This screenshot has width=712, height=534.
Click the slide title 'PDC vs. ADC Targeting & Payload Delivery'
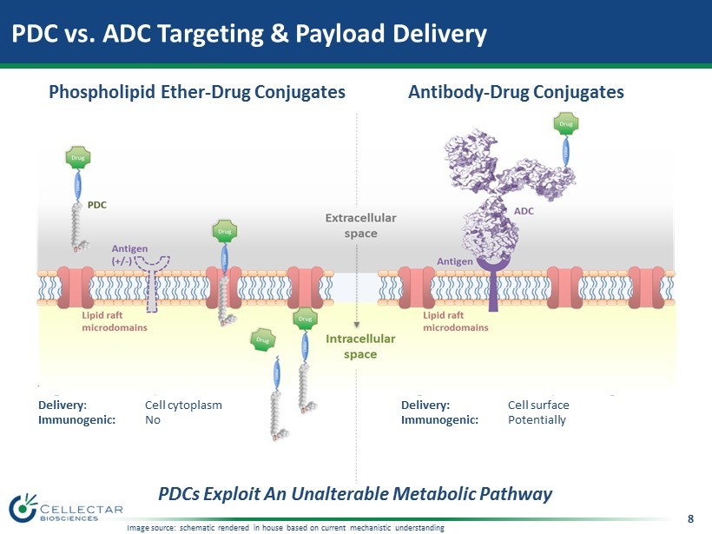point(248,34)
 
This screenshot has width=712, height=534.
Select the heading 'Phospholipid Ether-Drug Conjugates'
point(197,92)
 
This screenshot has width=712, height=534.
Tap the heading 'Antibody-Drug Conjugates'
point(516,92)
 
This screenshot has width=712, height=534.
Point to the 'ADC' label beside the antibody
point(524,211)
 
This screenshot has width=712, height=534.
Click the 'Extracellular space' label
point(360,226)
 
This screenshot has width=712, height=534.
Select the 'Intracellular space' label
point(360,346)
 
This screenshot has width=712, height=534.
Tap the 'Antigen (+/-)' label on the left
point(128,254)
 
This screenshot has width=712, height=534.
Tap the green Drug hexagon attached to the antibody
point(566,125)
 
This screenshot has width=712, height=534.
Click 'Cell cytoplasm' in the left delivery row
point(183,405)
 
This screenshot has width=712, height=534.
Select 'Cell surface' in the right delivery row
point(538,405)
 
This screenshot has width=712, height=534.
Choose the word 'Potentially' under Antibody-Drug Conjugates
point(537,420)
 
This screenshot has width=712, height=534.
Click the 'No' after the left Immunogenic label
point(153,420)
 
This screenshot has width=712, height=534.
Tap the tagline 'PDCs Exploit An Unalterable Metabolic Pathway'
point(355,494)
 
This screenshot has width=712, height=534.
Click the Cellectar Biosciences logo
point(66,509)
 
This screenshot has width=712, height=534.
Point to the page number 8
point(690,519)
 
